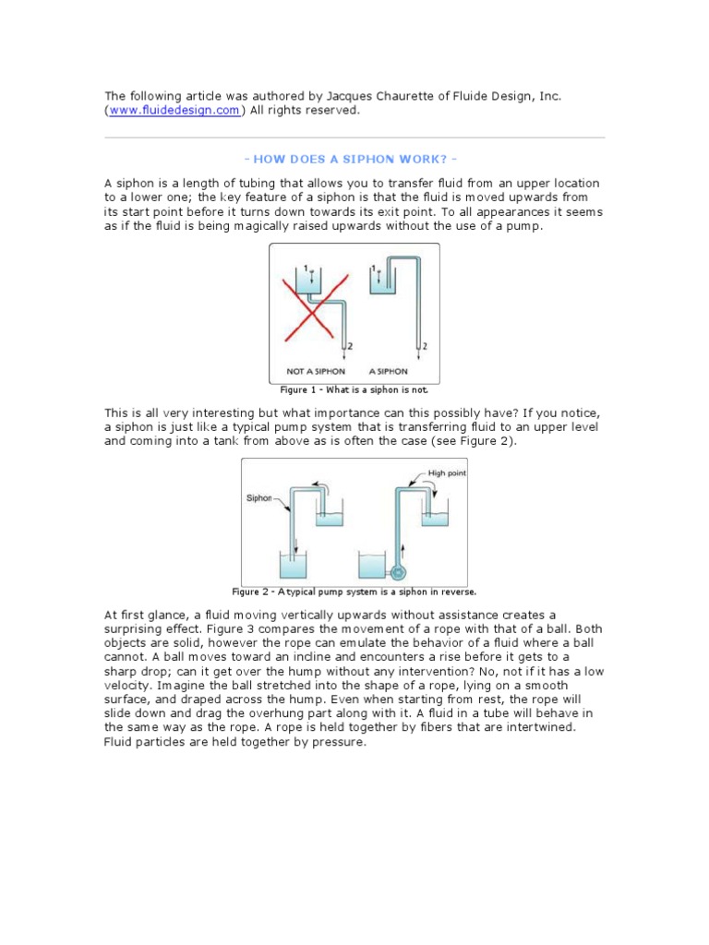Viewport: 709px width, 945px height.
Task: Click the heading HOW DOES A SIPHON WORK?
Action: [354, 159]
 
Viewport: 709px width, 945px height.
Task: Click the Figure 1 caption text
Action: [354, 389]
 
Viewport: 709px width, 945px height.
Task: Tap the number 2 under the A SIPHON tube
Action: [426, 347]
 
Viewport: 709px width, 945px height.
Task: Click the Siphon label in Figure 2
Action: [258, 497]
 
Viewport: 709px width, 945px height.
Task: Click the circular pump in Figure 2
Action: [398, 571]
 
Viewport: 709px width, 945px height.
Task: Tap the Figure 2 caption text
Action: [354, 592]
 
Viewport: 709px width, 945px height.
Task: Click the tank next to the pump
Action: [372, 566]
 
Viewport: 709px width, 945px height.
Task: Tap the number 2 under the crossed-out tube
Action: [348, 347]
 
